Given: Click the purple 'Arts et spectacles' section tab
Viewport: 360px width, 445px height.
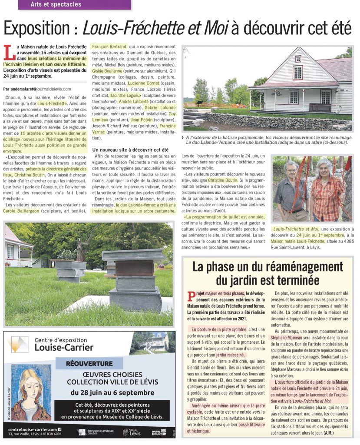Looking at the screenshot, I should pyautogui.click(x=74, y=5).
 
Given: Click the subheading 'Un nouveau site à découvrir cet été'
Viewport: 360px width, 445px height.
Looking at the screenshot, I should pyautogui.click(x=130, y=149).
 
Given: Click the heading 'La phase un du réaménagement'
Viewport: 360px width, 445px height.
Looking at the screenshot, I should pyautogui.click(x=268, y=266).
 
